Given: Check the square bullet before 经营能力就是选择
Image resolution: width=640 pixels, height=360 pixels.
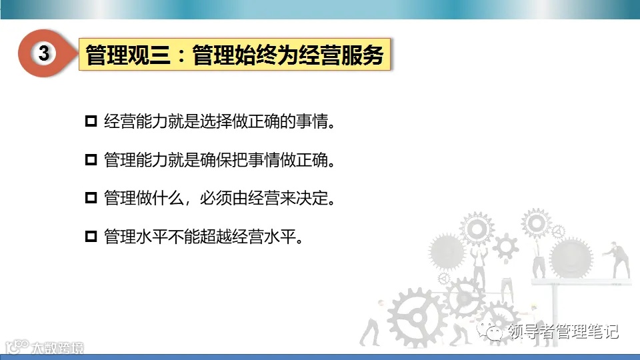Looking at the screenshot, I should [x=91, y=122].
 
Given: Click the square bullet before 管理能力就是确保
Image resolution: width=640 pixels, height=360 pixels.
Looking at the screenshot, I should [x=91, y=161].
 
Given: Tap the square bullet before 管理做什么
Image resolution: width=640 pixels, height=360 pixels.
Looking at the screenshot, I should [x=91, y=199].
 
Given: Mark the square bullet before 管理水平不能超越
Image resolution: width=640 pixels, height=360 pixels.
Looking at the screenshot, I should [x=91, y=237].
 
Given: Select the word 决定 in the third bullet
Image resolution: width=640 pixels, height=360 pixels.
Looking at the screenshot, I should [x=315, y=199].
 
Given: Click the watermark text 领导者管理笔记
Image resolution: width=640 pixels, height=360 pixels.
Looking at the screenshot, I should [x=563, y=331].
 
